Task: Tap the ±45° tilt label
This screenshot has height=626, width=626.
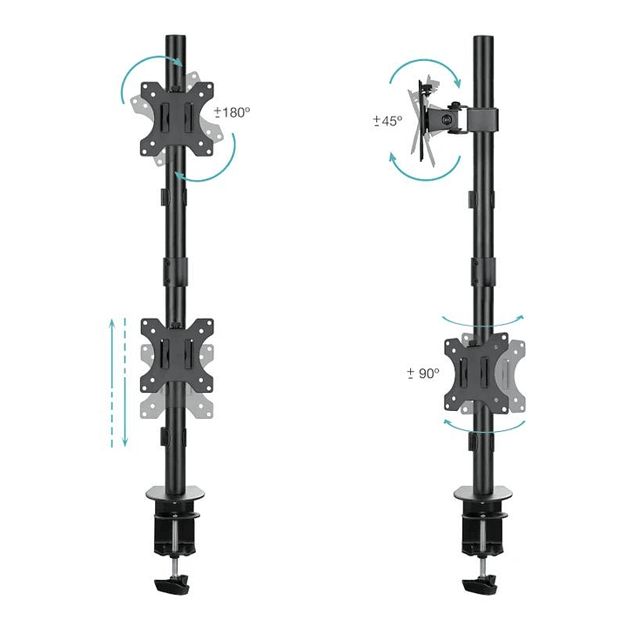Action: point(387,121)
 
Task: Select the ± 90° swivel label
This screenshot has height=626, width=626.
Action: point(423,373)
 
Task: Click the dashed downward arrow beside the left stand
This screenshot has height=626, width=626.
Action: point(125,383)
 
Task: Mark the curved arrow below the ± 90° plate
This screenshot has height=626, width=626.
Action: point(484,427)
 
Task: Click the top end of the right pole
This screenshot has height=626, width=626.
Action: point(481,40)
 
